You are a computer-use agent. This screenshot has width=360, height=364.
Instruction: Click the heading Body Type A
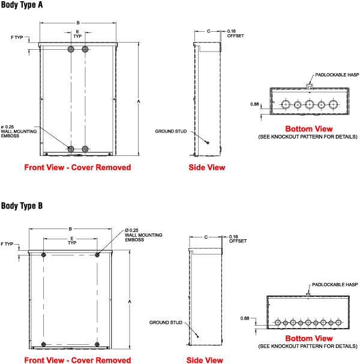pos(22,5)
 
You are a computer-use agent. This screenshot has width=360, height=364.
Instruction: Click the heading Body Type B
pos(22,206)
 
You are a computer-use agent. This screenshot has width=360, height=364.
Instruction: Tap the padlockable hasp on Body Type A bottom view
pos(310,86)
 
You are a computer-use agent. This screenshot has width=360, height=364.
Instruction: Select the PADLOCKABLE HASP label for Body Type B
pos(335,285)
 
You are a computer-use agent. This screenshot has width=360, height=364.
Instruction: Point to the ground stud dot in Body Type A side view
pos(208,143)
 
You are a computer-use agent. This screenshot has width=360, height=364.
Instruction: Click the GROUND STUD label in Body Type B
pos(166,323)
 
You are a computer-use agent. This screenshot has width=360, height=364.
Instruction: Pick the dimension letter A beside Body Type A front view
pos(139,101)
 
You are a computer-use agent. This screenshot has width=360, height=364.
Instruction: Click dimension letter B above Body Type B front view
pos(70,229)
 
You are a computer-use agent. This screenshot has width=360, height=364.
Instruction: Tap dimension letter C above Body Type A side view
pos(208,31)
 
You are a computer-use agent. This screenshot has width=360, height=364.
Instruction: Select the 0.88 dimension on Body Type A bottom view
pos(254,104)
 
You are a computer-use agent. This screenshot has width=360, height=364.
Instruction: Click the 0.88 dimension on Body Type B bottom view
pos(245,318)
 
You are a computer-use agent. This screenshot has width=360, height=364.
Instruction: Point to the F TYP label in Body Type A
pos(17,37)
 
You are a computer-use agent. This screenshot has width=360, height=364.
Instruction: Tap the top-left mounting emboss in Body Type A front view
pos(71,49)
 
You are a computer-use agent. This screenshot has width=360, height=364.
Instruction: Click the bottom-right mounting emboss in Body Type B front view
pos(97,344)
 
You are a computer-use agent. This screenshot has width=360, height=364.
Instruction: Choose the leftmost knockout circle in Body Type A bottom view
pos(286,104)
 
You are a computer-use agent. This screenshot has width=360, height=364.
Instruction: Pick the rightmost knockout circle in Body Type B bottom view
pos(338,323)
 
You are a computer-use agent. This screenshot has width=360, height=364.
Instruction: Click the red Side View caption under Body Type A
pos(207,167)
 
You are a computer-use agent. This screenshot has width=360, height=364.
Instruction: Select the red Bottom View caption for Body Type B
pos(309,338)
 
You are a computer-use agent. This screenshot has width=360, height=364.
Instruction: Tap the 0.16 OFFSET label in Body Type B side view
pos(238,239)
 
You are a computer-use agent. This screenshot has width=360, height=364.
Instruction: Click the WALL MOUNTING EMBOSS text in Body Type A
pos(19,134)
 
